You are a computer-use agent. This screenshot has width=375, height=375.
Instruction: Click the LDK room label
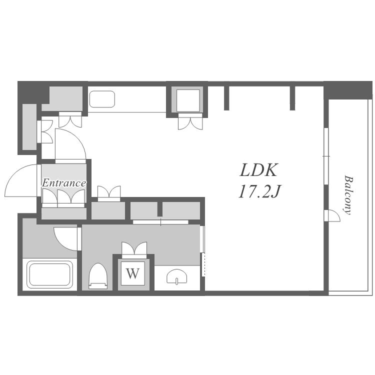point(258,170)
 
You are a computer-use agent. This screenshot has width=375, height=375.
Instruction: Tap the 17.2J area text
point(259,191)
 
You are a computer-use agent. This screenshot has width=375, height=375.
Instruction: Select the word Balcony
point(348,195)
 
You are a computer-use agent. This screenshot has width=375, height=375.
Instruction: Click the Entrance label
point(64,183)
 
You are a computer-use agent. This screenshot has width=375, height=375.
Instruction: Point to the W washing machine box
point(133,273)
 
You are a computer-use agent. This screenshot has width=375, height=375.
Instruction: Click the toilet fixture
point(98,276)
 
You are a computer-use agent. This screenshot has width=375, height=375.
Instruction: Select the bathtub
point(49,274)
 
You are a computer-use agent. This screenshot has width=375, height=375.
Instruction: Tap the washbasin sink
point(176,277)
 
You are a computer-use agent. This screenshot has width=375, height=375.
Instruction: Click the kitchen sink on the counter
point(102,99)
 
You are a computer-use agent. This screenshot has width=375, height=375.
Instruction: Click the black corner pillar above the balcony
point(348,90)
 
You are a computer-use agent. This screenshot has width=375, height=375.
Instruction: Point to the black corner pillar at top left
point(33,92)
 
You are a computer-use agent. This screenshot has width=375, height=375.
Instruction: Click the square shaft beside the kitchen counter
point(188,100)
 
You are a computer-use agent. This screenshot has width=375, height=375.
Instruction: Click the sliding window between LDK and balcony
point(325,156)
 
